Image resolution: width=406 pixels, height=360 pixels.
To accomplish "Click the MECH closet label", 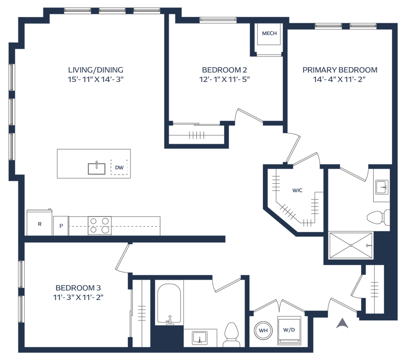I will click(x=269, y=33).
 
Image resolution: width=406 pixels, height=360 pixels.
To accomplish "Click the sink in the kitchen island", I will click(x=96, y=168).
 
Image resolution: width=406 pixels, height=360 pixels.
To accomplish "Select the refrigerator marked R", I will click(x=39, y=223).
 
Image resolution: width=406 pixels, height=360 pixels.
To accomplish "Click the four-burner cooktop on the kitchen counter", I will click(x=100, y=225).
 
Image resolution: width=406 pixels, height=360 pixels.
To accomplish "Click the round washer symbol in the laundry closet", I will click(x=262, y=330).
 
